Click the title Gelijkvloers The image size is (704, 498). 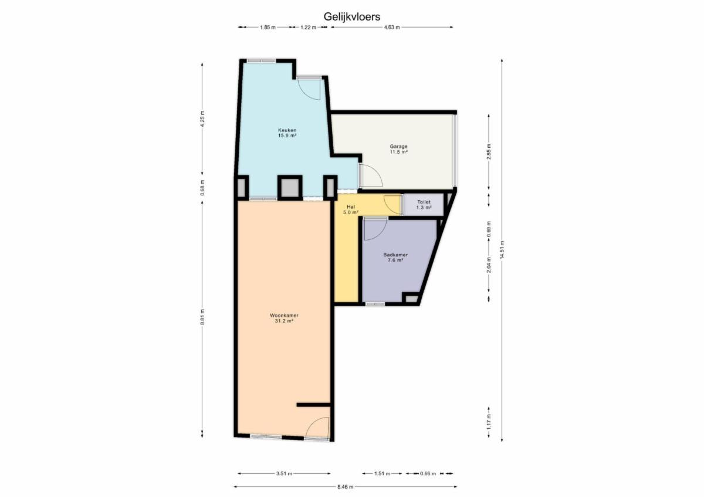click(x=351, y=16)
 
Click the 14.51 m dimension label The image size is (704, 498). click(x=502, y=250)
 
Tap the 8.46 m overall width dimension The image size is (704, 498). click(x=345, y=487)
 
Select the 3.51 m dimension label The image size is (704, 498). click(x=284, y=473)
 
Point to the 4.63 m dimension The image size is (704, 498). click(x=392, y=28)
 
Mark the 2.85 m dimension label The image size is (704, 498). click(x=488, y=152)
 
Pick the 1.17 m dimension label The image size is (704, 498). click(x=488, y=422)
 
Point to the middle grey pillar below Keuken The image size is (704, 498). click(x=290, y=188)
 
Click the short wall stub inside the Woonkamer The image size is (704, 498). click(x=313, y=405)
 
